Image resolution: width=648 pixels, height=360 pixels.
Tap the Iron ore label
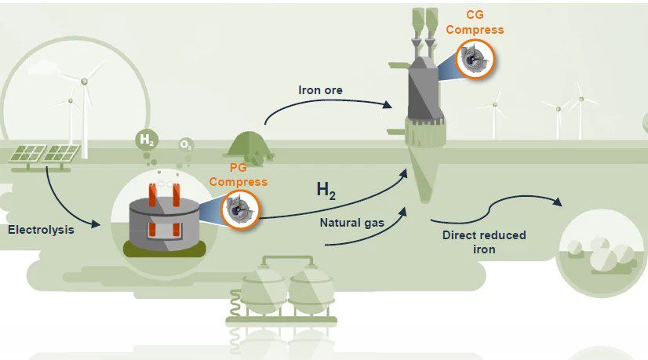tap(320, 89)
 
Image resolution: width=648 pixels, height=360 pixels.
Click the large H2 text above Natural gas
tap(326, 190)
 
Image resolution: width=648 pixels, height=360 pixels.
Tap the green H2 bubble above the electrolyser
tap(146, 140)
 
